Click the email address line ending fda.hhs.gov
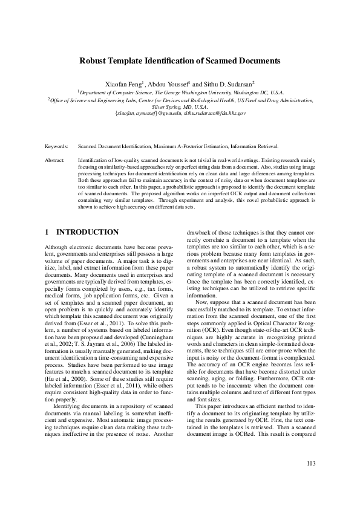pos(180,113)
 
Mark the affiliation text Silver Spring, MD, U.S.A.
pos(180,106)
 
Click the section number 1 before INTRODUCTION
pos(47,232)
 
